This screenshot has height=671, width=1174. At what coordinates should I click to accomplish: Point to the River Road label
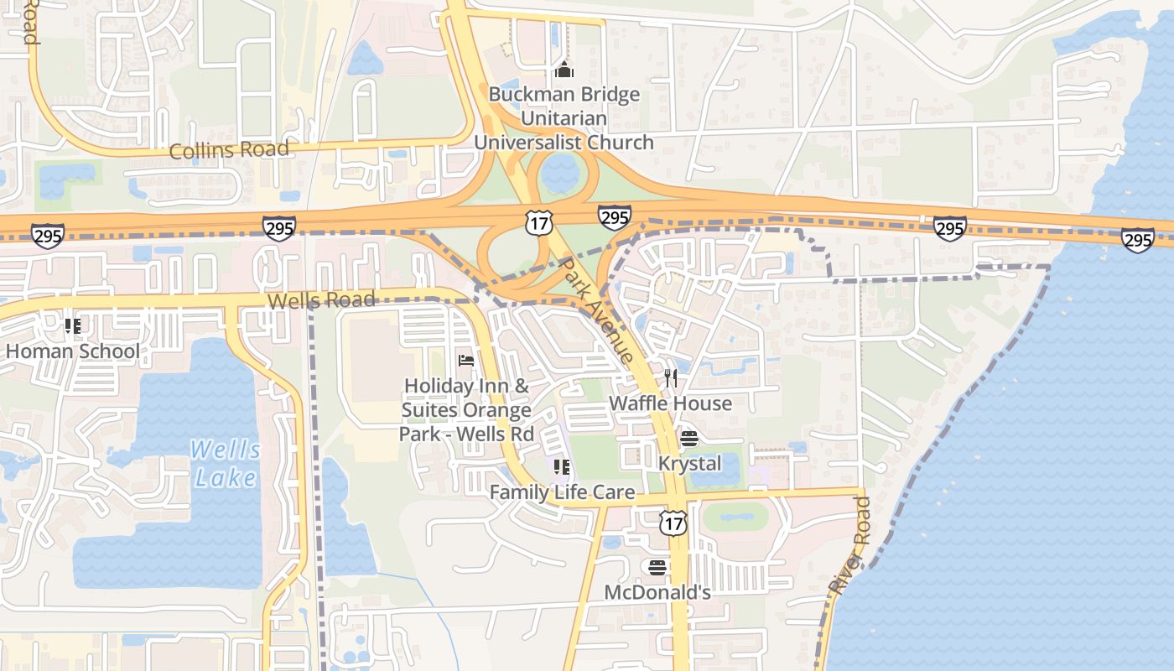tap(850, 546)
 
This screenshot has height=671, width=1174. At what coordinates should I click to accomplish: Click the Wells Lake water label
tap(226, 464)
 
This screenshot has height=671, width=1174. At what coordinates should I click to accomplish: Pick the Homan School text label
tap(73, 351)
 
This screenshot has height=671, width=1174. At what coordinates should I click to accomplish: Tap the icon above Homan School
tap(72, 325)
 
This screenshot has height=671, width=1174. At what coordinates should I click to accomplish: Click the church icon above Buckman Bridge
tap(564, 69)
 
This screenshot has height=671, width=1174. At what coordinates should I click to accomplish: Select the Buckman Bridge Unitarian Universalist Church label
tap(564, 118)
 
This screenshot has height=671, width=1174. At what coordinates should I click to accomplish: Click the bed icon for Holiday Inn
tap(466, 361)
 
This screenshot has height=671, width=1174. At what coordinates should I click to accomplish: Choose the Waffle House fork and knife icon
tap(670, 378)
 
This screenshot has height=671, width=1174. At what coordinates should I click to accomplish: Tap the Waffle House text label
tap(670, 403)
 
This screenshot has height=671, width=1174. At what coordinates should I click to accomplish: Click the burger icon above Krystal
tap(689, 439)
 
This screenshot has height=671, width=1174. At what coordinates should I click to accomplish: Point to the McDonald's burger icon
tap(657, 568)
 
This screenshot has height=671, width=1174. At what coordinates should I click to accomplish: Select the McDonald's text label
tap(657, 593)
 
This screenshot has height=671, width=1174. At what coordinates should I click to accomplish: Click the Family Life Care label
tap(562, 492)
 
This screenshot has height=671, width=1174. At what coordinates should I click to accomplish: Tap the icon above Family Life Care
tap(562, 466)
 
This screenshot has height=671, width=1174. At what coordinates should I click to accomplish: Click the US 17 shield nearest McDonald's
tap(673, 523)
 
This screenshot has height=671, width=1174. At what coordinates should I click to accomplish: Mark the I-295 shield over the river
tap(1137, 240)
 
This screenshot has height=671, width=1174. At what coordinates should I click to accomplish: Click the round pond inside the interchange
tap(559, 173)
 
